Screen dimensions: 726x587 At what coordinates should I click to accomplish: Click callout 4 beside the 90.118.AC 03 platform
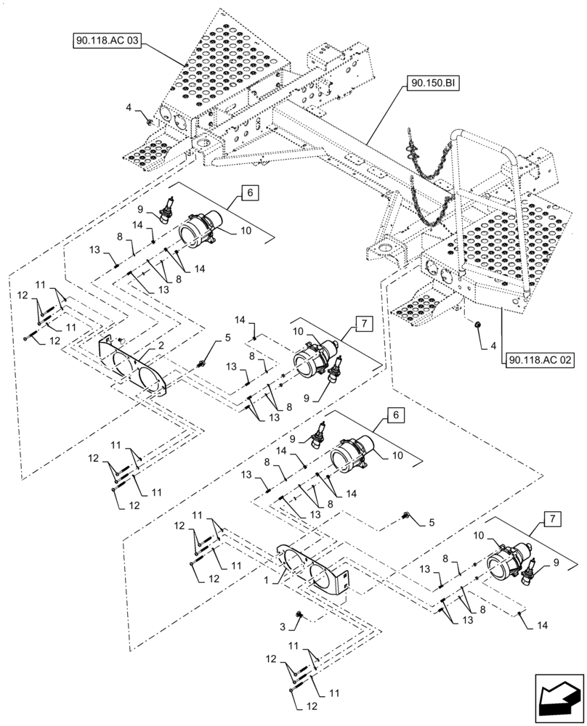[129, 107]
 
